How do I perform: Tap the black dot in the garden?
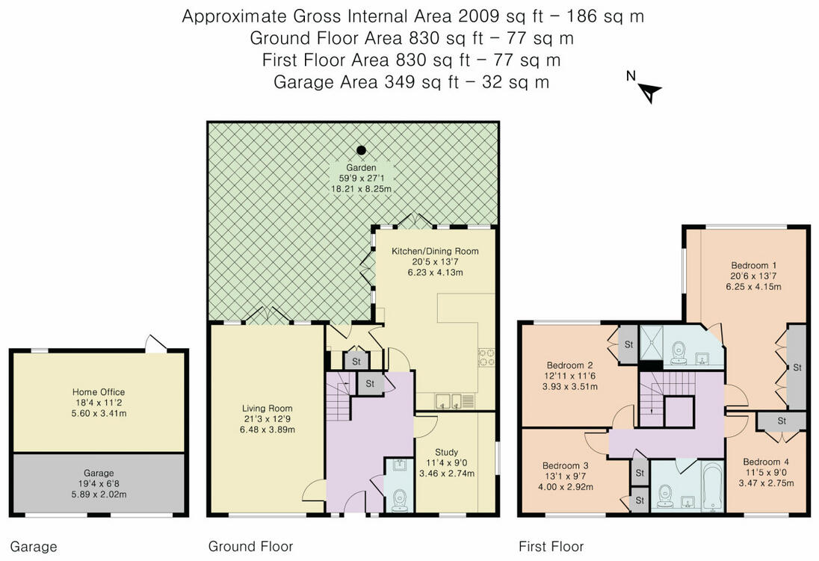pyautogui.click(x=361, y=150)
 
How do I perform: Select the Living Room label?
pyautogui.click(x=267, y=409)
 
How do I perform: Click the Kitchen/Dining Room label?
pyautogui.click(x=435, y=251)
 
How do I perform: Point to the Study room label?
pyautogui.click(x=447, y=453)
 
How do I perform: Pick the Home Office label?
pyautogui.click(x=99, y=391)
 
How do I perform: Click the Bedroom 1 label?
pyautogui.click(x=753, y=265)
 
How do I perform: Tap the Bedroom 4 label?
pyautogui.click(x=766, y=462)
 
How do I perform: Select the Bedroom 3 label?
pyautogui.click(x=566, y=465)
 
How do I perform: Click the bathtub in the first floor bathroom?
pyautogui.click(x=712, y=486)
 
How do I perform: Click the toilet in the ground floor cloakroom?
pyautogui.click(x=400, y=499)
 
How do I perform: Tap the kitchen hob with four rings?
pyautogui.click(x=486, y=357)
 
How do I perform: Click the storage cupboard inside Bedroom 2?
pyautogui.click(x=628, y=344)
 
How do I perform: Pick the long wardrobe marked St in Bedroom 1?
pyautogui.click(x=797, y=368)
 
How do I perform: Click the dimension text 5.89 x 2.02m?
pyautogui.click(x=99, y=494)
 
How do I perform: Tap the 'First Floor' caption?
pyautogui.click(x=551, y=546)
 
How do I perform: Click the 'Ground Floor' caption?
pyautogui.click(x=251, y=546)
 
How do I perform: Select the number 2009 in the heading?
pyautogui.click(x=478, y=16)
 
